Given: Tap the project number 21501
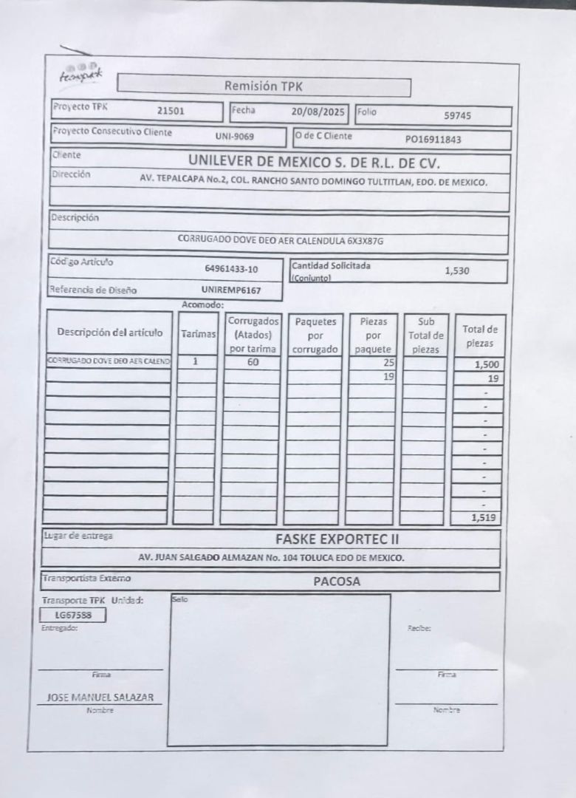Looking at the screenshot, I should tap(171, 112).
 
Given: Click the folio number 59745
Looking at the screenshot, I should tap(458, 115).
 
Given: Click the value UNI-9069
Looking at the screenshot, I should tap(235, 137).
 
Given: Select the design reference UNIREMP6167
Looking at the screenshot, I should tap(230, 290).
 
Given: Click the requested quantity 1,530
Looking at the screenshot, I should tap(457, 270).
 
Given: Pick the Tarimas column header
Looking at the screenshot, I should tap(198, 334).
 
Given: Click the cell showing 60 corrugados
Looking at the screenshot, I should tap(253, 362).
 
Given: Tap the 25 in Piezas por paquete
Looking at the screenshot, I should tap(388, 363).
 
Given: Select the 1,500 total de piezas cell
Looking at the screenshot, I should tap(487, 364).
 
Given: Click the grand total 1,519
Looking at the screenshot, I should tap(485, 518).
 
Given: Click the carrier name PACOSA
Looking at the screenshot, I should tap(336, 582).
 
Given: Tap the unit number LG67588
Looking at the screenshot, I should tap(74, 615).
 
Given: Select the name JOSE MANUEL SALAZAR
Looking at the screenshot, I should tap(100, 697).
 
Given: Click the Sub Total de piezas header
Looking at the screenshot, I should tap(426, 335).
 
